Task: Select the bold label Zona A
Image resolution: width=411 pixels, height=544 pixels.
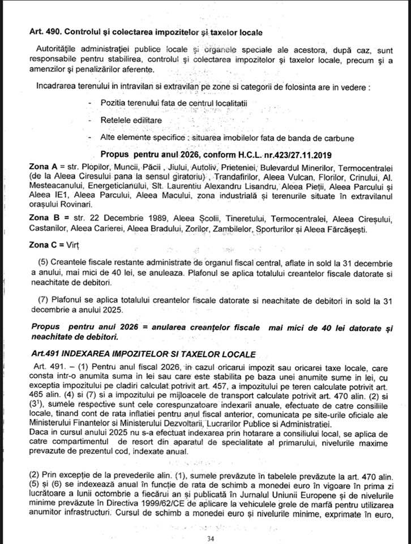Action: pyautogui.click(x=42, y=168)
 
